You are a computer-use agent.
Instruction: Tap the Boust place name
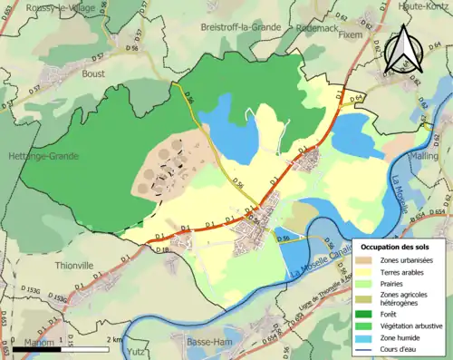click(x=94, y=73)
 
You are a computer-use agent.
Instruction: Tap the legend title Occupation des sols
click(x=395, y=247)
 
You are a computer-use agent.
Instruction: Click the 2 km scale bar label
click(x=112, y=338)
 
